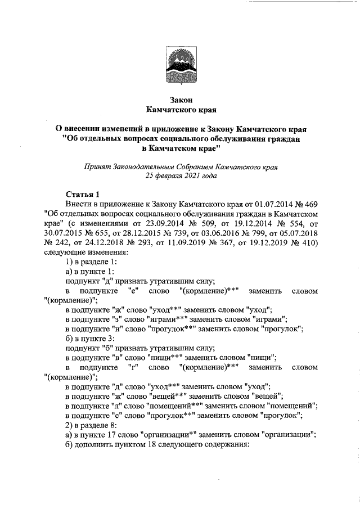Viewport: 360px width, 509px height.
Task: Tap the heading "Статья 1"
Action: tap(83, 194)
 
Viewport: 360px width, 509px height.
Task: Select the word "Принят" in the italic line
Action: tap(96, 167)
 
